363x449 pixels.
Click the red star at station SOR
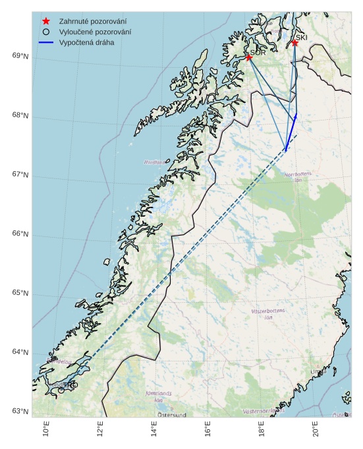(249, 57)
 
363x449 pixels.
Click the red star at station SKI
(294, 43)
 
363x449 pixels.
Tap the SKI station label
(301, 38)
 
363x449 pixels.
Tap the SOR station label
(258, 53)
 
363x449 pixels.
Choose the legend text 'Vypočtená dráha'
(86, 42)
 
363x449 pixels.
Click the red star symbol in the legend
(46, 21)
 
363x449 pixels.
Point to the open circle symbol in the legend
(46, 32)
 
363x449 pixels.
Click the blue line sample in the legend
(46, 42)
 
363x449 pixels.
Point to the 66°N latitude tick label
(20, 234)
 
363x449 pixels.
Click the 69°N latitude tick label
(20, 56)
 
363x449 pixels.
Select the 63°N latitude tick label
(20, 411)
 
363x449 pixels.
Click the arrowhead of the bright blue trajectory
(296, 115)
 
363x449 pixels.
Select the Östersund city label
(172, 415)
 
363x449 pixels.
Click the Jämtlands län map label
(158, 396)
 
